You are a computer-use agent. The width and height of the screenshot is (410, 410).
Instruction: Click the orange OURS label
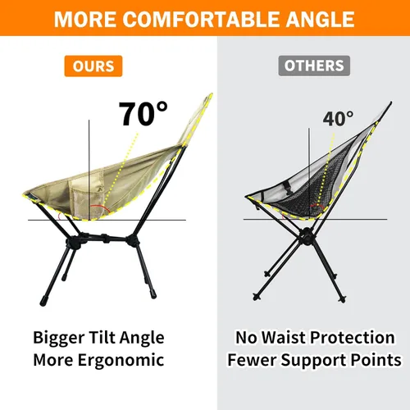93,66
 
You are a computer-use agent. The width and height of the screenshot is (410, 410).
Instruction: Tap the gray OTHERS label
314,66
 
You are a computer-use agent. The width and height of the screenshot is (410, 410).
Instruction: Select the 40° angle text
338,120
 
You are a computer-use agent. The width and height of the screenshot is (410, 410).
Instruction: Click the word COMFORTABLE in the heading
204,19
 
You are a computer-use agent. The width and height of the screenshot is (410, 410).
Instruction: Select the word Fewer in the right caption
249,359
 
